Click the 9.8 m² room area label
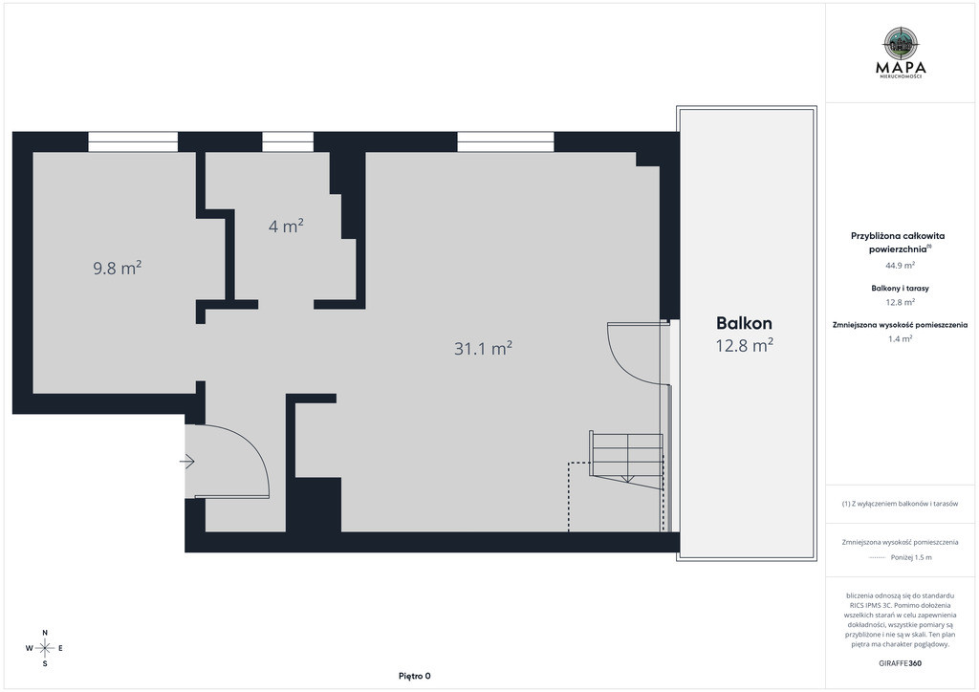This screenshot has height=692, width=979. coord(118,269)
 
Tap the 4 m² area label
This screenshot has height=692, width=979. coord(286,226)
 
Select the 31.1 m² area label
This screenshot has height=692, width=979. coord(483,348)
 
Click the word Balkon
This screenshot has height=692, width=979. coord(744,323)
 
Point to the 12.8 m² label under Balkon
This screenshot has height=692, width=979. coord(744,345)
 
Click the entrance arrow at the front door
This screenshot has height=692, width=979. coord(187,462)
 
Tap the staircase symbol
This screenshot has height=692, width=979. coord(626,461)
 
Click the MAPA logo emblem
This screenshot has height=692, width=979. coord(901,43)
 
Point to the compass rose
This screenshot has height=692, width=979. coord(45,648)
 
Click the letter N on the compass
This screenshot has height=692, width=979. coord(45,633)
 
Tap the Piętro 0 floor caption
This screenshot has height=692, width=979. coord(415,676)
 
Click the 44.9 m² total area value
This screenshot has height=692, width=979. coord(901,265)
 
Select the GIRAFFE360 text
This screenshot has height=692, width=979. coord(900,663)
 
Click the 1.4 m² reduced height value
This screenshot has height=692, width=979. coord(901,338)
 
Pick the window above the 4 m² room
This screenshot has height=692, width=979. coord(288,141)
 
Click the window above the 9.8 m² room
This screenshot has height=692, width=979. coord(133,141)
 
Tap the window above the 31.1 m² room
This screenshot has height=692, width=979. coord(506,141)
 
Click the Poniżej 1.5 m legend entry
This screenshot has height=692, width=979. coord(900,557)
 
